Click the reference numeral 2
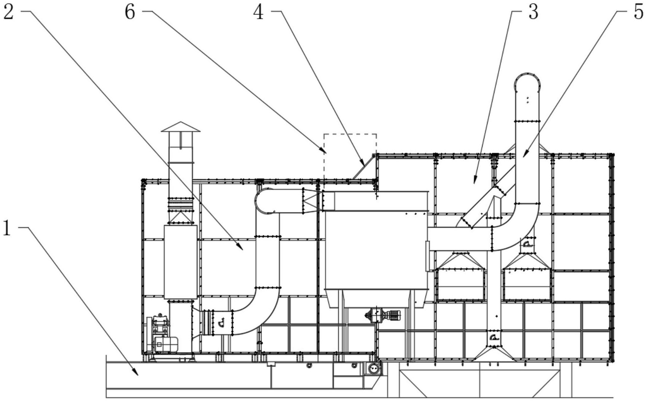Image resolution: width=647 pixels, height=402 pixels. tap(8, 12)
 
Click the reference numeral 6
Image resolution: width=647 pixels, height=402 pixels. tap(130, 12)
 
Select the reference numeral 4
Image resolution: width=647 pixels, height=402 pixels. tap(258, 12)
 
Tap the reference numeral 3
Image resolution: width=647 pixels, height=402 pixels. tap(533, 12)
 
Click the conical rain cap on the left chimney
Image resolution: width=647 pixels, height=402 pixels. tap(180, 127)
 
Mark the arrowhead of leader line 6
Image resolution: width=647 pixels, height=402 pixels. tap(324, 151)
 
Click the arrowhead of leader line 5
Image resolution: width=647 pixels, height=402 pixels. tap(525, 155)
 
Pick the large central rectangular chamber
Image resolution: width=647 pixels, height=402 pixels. tap(376, 250)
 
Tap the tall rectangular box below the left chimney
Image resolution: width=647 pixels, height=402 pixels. tap(180, 262)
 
